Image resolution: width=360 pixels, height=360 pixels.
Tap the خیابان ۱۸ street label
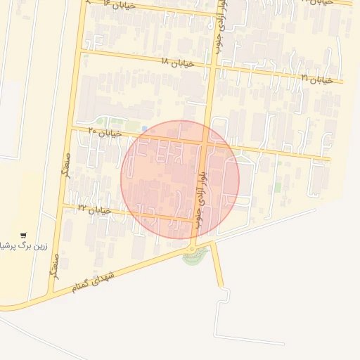[x=174, y=62]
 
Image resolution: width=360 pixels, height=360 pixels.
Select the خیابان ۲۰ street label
[x=105, y=131]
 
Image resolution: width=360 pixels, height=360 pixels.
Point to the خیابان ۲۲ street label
[x=95, y=209]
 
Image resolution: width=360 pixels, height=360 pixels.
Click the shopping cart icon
[x=23, y=236]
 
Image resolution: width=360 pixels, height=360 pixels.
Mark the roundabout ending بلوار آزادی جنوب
[x=192, y=248]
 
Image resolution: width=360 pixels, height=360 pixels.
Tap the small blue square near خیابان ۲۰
[x=144, y=128]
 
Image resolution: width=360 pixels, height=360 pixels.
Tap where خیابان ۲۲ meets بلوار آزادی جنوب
[x=196, y=220]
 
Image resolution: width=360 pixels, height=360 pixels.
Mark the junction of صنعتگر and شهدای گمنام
[x=52, y=292]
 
